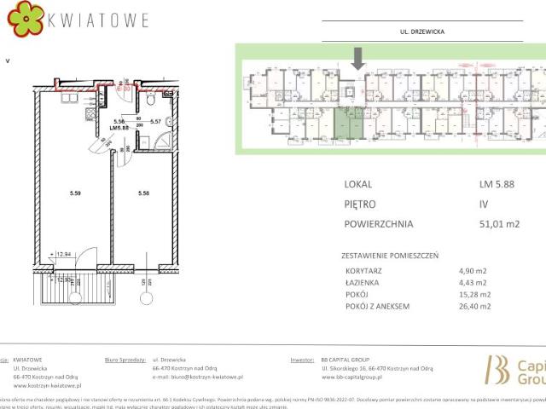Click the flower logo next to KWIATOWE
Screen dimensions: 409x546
23,20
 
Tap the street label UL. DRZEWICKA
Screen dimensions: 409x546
422,32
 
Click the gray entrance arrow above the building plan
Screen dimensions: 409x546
358,58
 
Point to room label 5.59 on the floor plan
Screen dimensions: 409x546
75,194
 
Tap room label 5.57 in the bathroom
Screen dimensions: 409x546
156,121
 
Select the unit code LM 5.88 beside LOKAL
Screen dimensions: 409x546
496,183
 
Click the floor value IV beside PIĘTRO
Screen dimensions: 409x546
485,204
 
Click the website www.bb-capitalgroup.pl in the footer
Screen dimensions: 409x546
360,375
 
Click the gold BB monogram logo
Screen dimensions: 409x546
496,369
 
